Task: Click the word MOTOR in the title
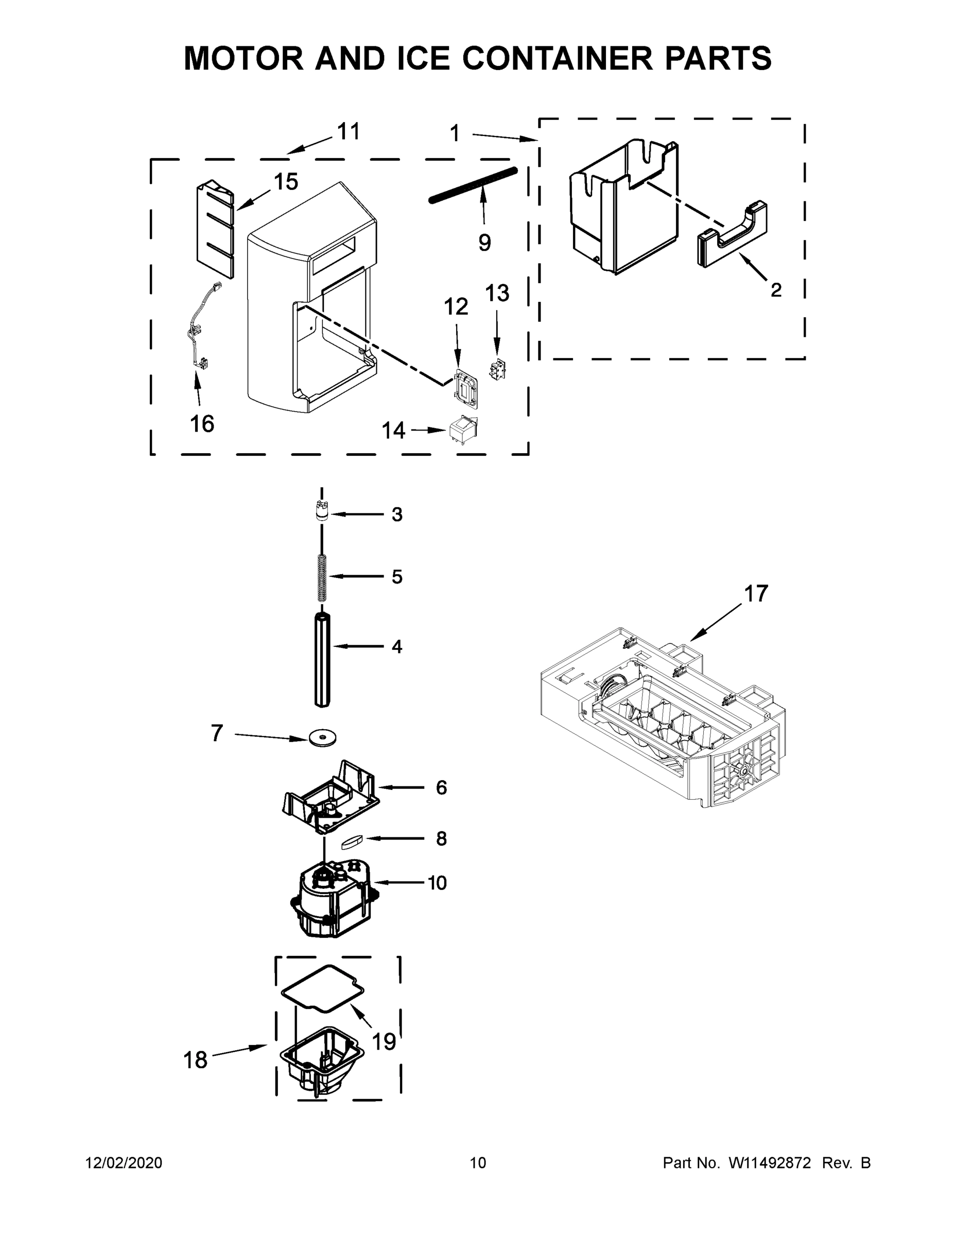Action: coord(244,58)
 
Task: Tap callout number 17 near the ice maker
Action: coord(755,594)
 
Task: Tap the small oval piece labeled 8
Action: coord(353,842)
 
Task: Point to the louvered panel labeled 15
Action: coord(215,229)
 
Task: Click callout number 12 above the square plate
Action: coord(456,307)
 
